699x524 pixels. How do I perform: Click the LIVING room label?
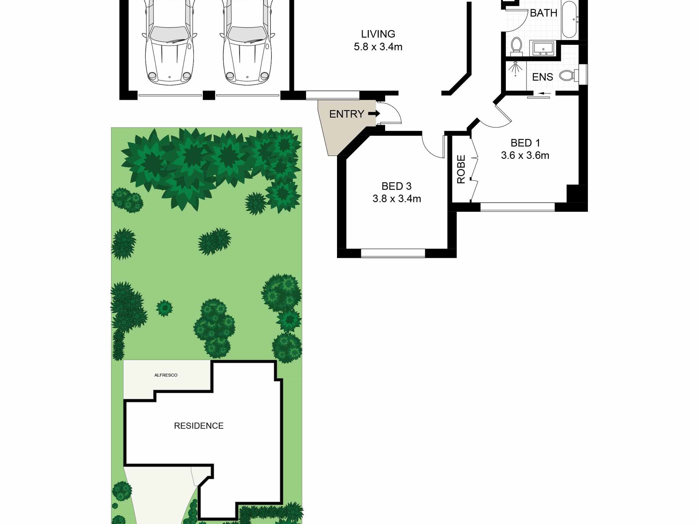[x=378, y=34]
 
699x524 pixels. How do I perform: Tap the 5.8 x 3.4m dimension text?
[x=378, y=47]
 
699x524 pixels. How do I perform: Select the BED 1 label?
[x=525, y=143]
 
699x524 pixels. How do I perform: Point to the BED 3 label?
[x=396, y=186]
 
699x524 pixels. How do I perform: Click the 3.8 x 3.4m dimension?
[x=396, y=199]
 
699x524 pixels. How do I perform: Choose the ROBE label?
[x=461, y=169]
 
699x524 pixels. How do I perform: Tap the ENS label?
[x=542, y=77]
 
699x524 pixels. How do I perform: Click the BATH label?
[x=543, y=13]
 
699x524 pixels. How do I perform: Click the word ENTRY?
[x=347, y=114]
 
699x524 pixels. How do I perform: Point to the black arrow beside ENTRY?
[x=374, y=114]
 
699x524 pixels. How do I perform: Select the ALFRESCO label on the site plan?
[x=166, y=375]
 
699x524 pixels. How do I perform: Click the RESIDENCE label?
[x=199, y=426]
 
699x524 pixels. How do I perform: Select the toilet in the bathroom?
[x=517, y=46]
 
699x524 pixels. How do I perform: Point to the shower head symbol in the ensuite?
[x=515, y=68]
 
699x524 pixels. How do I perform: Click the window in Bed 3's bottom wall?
[x=393, y=253]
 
